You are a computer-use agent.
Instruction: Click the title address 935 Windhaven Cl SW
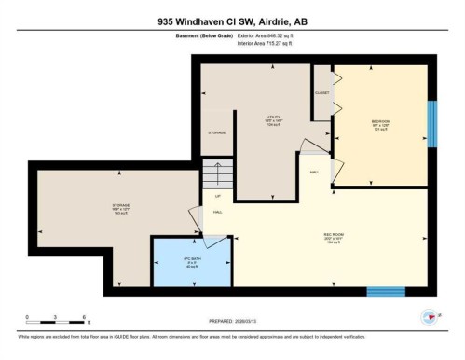(232, 17)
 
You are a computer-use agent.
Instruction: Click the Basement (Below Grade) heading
(204, 35)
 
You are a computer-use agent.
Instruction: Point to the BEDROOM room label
(381, 121)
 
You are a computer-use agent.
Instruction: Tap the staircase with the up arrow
(216, 176)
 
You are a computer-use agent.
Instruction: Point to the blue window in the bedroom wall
(431, 119)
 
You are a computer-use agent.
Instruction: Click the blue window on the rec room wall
(385, 291)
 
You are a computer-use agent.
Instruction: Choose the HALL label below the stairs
(216, 213)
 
